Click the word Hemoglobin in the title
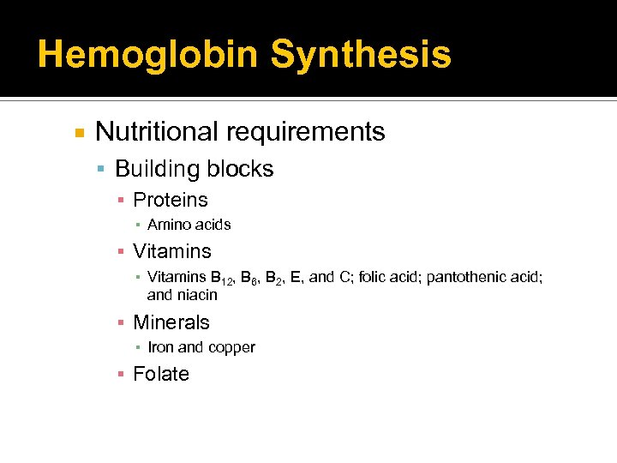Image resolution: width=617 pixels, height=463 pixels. [147, 54]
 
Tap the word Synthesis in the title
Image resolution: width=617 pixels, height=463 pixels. [360, 54]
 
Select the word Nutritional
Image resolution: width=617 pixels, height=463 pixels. [156, 132]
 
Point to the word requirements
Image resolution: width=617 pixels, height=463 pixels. [305, 132]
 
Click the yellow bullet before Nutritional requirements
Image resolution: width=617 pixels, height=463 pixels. [79, 133]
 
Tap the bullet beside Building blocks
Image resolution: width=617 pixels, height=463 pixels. [101, 169]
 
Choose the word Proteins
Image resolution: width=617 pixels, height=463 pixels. [171, 200]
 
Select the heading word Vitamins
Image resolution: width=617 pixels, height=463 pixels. [172, 251]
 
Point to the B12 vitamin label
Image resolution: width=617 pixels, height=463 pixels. [221, 277]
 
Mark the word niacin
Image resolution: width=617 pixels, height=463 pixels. [198, 295]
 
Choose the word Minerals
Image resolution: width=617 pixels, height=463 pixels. [171, 322]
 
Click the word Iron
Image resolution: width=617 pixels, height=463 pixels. [161, 347]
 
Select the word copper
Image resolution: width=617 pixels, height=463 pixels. [231, 348]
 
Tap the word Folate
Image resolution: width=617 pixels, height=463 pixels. [161, 374]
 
